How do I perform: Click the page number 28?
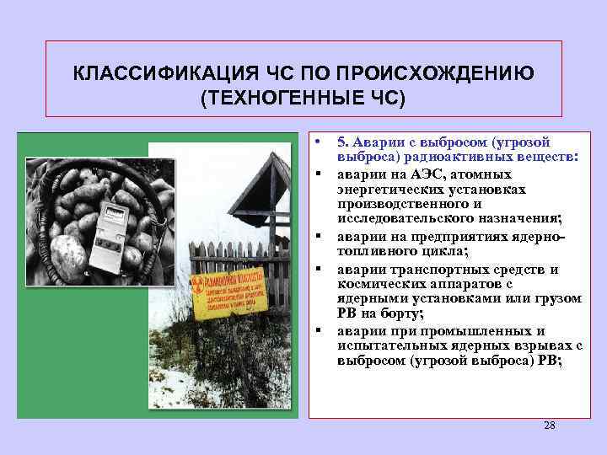click(549, 426)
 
